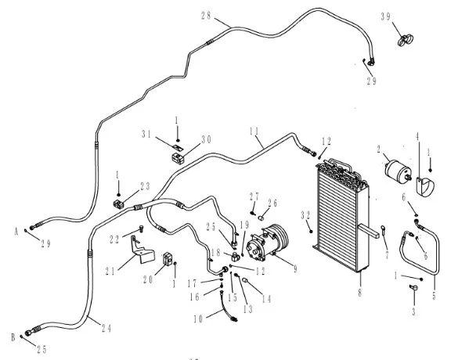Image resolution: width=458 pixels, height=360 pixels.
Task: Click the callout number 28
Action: click(206, 16)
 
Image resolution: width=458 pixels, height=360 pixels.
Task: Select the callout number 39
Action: click(385, 16)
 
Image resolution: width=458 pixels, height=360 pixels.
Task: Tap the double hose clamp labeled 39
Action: click(406, 40)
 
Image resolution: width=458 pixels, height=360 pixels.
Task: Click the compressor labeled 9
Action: click(267, 243)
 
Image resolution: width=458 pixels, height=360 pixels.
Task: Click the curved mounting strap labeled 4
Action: click(425, 187)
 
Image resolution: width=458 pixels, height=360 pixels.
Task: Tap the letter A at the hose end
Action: click(16, 232)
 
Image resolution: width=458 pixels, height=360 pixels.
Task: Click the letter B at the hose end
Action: click(13, 337)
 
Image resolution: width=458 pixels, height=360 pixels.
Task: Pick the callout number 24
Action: click(106, 329)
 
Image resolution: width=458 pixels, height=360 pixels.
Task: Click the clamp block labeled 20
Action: click(168, 259)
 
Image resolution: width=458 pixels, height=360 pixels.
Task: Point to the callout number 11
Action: click(254, 131)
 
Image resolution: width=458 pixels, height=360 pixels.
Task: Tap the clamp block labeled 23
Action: click(118, 204)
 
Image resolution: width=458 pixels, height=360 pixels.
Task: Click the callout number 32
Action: click(305, 215)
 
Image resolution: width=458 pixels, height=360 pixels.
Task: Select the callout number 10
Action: click(198, 319)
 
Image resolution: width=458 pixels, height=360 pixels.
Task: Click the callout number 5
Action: click(434, 296)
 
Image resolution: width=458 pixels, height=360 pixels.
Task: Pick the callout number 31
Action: click(146, 134)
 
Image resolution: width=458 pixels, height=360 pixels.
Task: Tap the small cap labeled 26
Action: click(262, 218)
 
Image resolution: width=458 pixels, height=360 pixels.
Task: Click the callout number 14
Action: click(266, 299)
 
